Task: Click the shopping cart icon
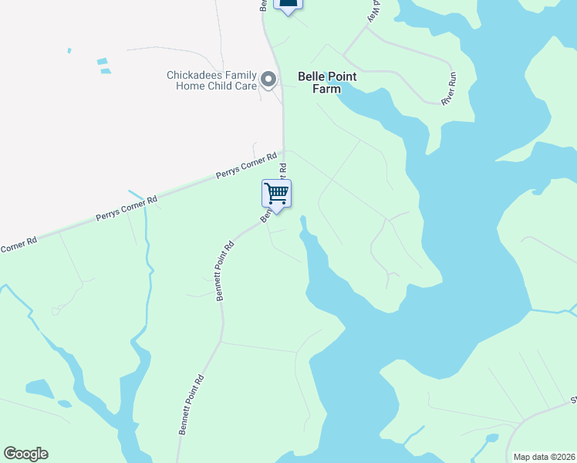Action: point(276,193)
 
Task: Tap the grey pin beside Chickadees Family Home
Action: point(268,79)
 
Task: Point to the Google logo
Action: point(25,454)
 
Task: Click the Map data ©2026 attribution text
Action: point(543,457)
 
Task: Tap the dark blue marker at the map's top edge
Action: point(288,5)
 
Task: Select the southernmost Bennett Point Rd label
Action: point(191,405)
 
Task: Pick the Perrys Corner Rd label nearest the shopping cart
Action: point(246,166)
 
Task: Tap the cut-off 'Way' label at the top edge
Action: point(374,11)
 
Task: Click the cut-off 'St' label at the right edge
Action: point(572,400)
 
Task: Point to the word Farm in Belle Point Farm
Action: point(326,89)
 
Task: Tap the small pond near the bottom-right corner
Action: point(491,440)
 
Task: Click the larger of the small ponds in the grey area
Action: point(103,61)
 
